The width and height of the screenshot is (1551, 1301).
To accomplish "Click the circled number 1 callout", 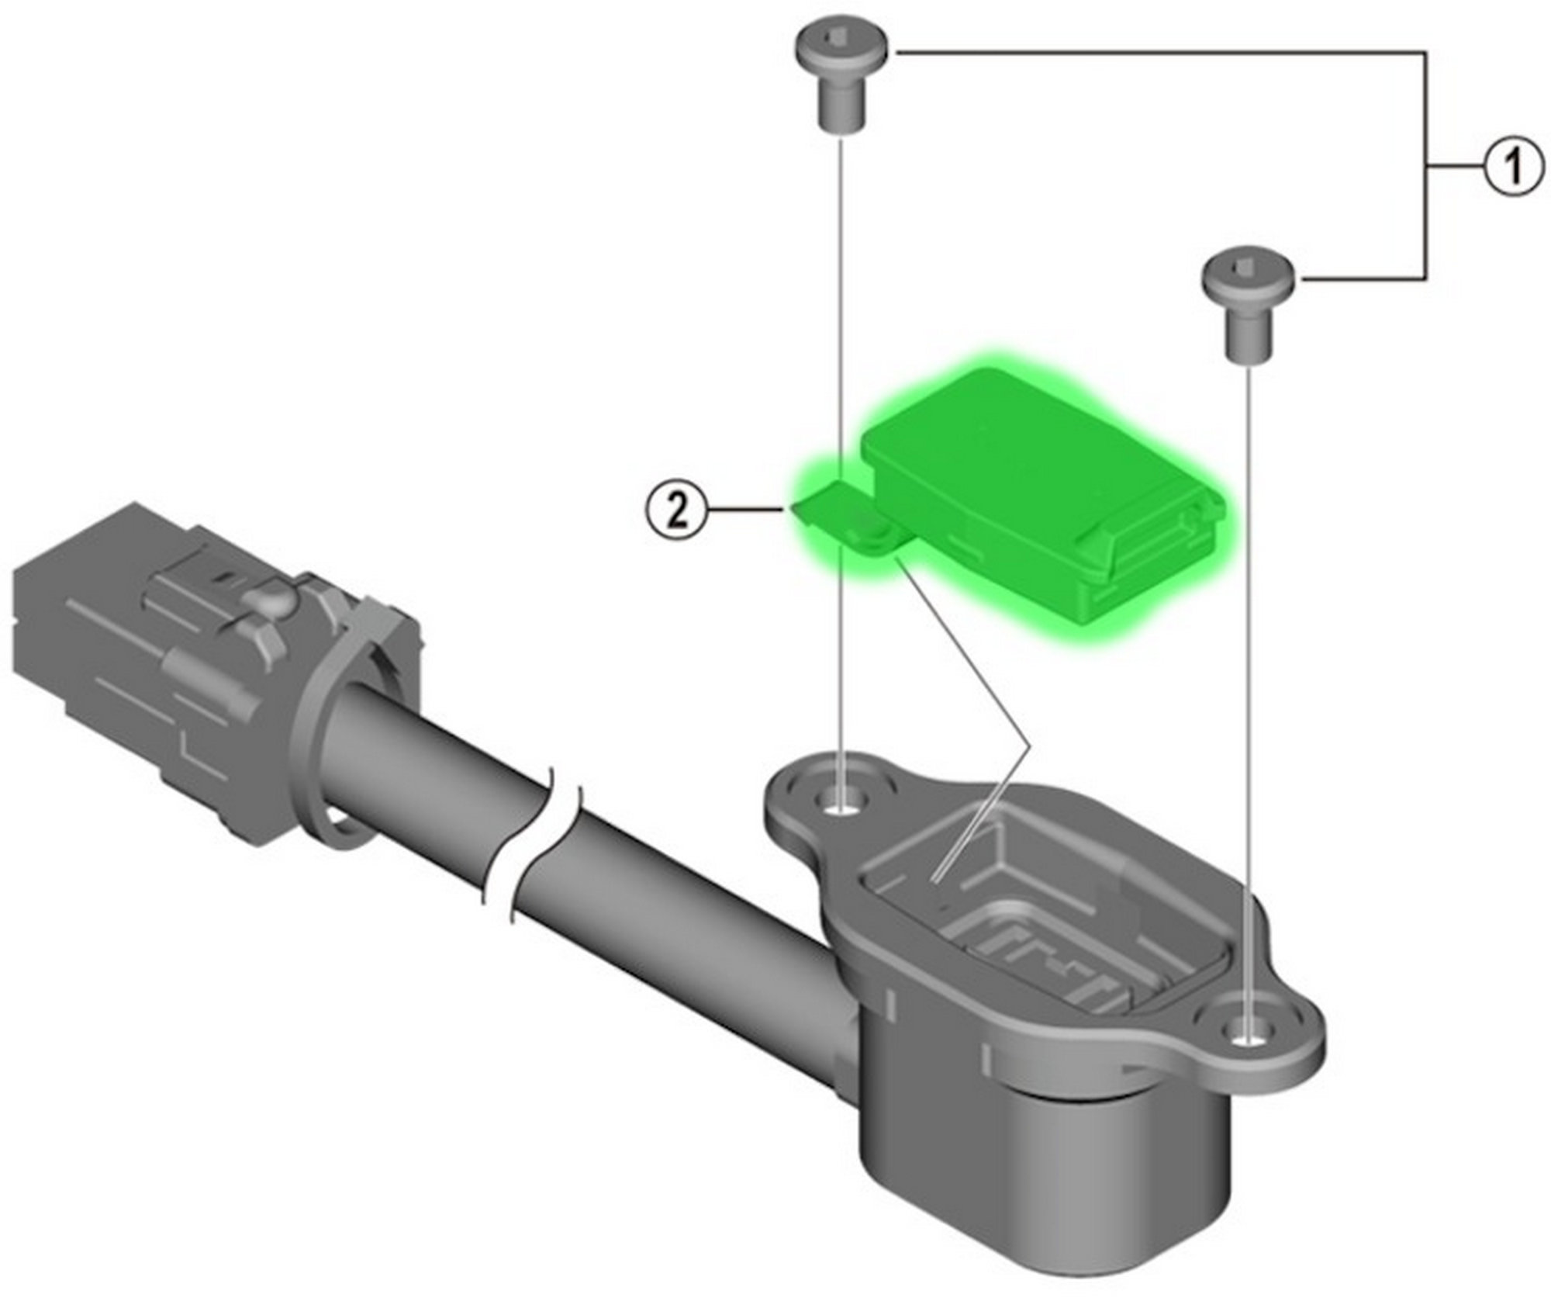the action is tap(1514, 167).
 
